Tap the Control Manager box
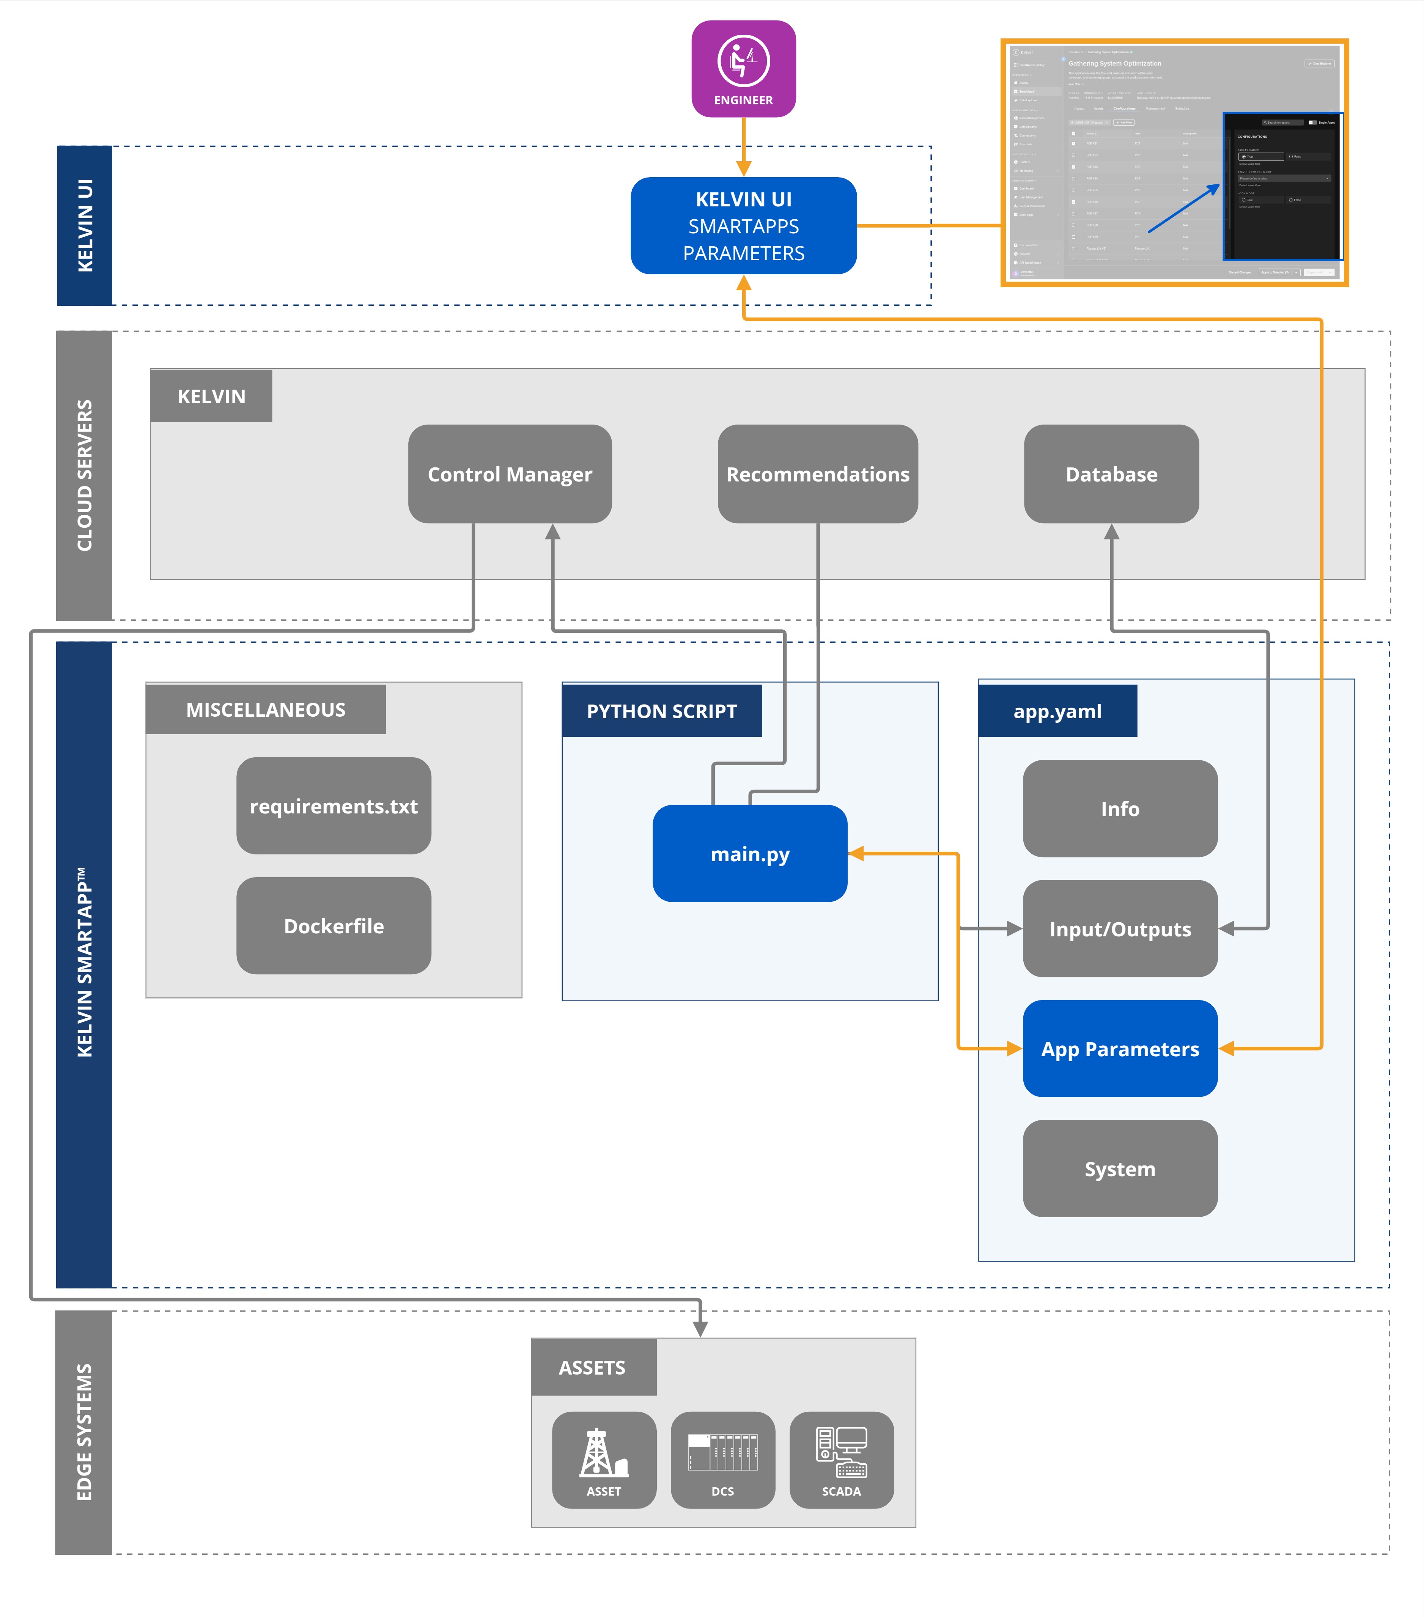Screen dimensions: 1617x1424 [510, 474]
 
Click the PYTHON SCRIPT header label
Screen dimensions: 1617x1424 [661, 711]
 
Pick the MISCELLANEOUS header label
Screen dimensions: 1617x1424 [266, 709]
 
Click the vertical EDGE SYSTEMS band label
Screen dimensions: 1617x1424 [84, 1432]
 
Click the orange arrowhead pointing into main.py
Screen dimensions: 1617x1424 [856, 854]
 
